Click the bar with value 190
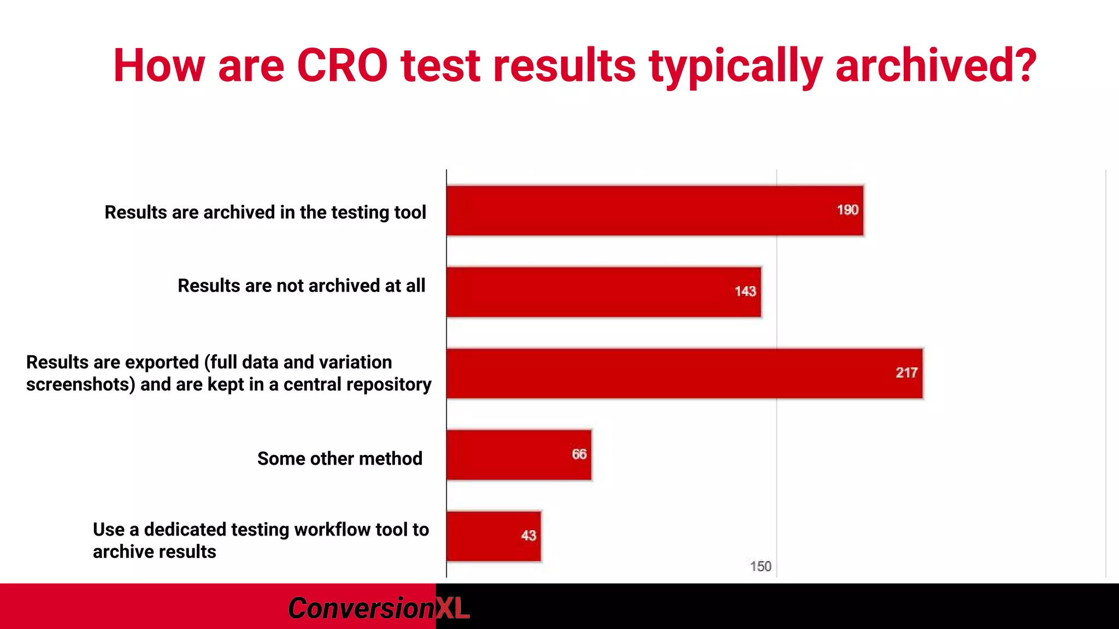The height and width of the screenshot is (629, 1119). coord(655,211)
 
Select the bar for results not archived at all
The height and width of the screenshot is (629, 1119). coord(603,292)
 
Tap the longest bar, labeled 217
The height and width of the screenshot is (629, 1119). coord(684,373)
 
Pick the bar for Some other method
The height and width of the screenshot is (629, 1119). coord(519,455)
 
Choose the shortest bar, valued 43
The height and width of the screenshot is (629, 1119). coord(493,536)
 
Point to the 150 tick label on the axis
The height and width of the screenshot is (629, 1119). coord(760,566)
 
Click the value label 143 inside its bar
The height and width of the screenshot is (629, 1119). coord(745,292)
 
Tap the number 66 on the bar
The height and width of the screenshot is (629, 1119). coord(579,454)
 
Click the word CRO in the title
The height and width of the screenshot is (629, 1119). coord(342,66)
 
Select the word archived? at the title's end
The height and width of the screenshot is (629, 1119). coord(936,66)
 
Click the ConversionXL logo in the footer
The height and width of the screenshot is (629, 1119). coord(378,608)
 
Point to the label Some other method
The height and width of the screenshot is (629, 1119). coord(340,459)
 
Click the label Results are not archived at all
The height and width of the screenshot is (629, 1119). coord(301,286)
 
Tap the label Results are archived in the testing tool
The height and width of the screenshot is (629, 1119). coord(265,212)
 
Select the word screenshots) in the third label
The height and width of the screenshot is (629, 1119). coord(80,384)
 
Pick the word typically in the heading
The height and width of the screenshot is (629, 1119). coord(735,66)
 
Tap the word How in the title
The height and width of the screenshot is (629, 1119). coord(158,66)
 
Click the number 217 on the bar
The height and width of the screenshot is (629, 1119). coord(906,373)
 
